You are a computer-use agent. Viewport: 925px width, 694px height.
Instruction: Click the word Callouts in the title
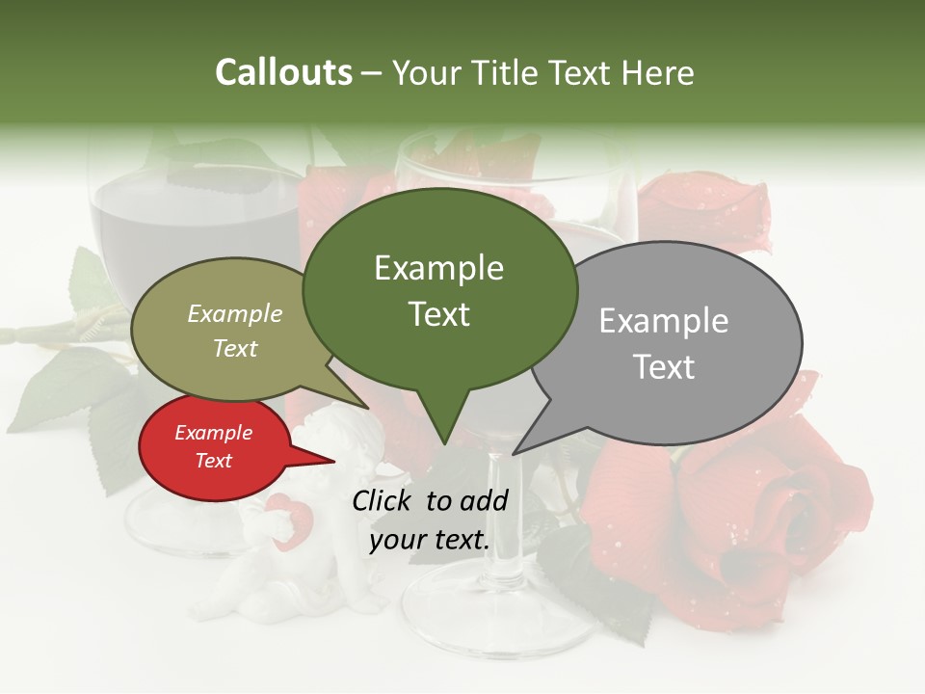click(283, 72)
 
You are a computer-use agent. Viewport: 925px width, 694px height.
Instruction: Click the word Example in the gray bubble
click(664, 321)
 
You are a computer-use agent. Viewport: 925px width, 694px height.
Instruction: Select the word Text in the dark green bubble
click(439, 315)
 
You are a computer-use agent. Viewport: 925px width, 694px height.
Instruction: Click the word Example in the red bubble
click(213, 433)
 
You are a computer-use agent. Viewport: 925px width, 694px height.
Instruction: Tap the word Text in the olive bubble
click(235, 349)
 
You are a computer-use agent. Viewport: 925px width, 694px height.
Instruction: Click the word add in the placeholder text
click(484, 501)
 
